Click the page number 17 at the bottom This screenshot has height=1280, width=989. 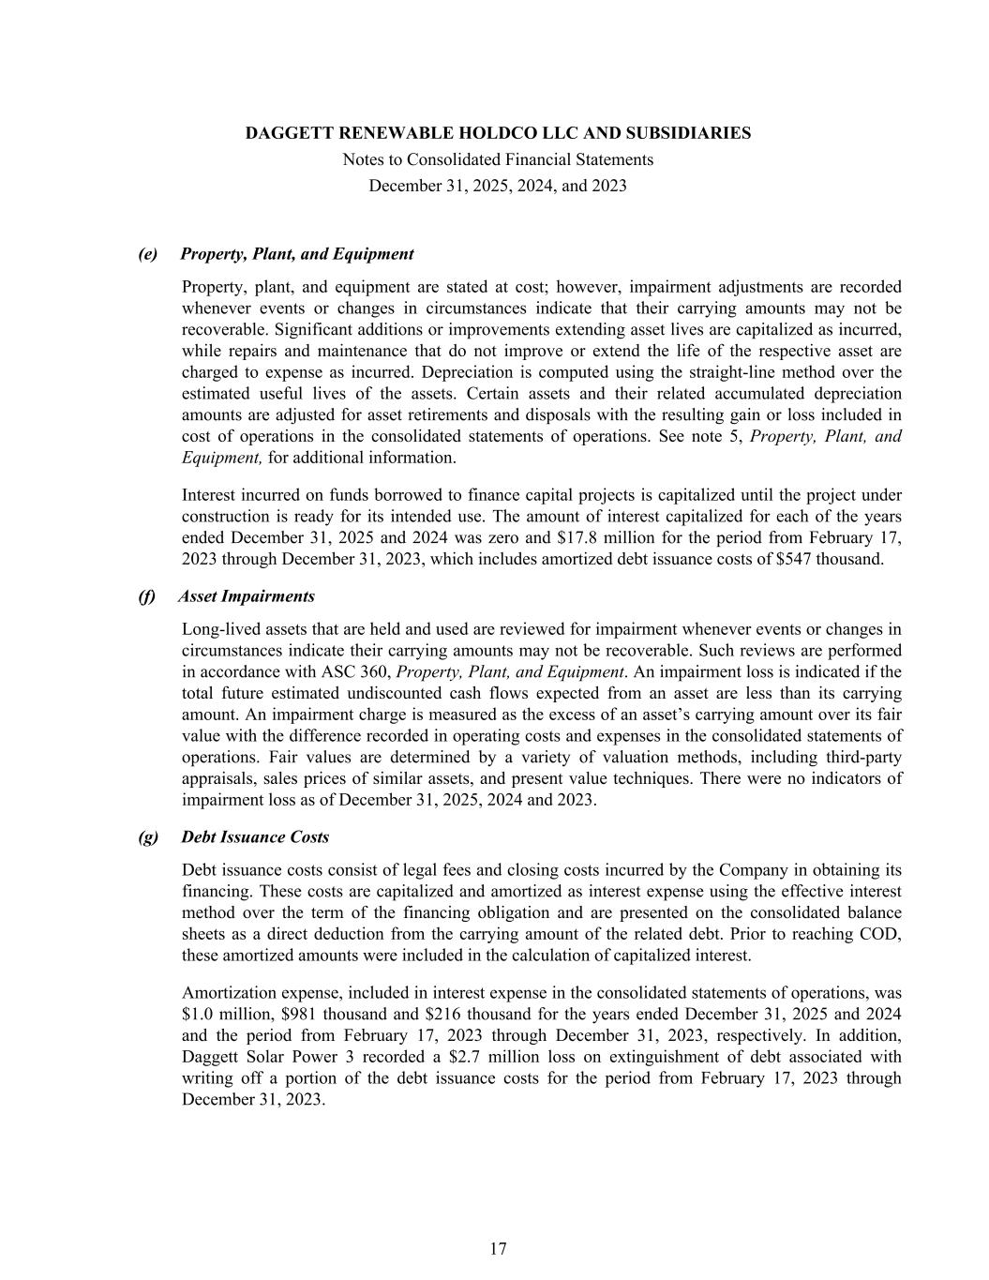(x=498, y=1248)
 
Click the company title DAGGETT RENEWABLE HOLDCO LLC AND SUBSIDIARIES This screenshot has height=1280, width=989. (x=498, y=133)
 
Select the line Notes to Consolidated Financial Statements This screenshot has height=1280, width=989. (x=498, y=159)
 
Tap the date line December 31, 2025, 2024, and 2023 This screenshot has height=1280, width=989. (x=498, y=186)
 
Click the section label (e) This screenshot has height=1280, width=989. (x=147, y=254)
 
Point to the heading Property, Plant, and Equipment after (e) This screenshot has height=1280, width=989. (x=296, y=254)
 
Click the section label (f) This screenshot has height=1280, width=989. (x=146, y=596)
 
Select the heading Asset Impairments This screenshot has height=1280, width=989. (x=247, y=596)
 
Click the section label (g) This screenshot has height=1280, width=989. (x=148, y=836)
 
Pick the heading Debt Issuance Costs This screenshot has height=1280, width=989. (x=255, y=836)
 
